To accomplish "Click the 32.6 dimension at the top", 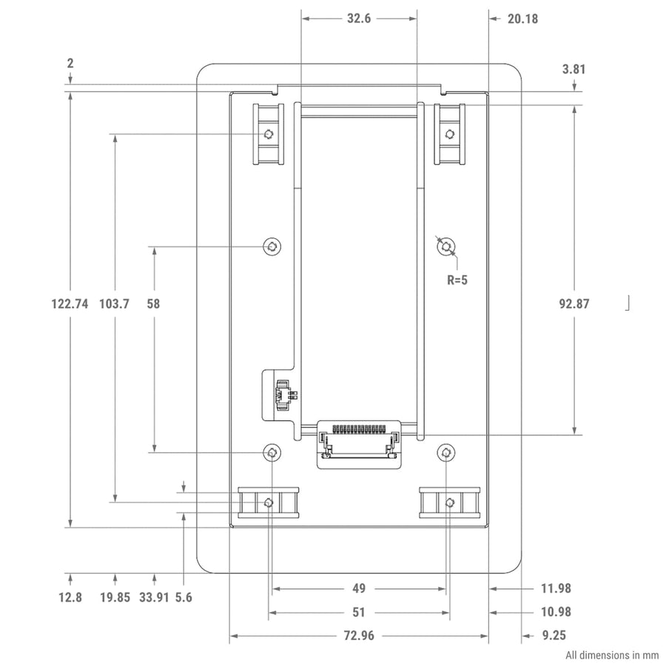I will click(358, 19).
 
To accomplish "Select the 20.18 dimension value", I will click(522, 19).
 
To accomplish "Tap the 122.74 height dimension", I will click(70, 303).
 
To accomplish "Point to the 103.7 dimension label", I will click(114, 303).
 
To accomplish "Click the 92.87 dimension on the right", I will click(573, 303).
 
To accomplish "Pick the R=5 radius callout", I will click(457, 280).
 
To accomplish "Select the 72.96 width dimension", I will click(358, 635).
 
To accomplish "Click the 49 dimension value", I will click(358, 589).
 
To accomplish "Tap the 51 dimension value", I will click(358, 612).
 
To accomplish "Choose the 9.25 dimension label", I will click(554, 635).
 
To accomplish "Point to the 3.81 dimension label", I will click(573, 70).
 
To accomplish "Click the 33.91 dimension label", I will click(154, 597).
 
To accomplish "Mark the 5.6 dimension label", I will click(183, 597).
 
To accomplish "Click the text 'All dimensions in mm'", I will click(611, 655).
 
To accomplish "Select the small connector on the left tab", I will click(282, 394).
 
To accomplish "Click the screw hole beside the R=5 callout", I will click(445, 246).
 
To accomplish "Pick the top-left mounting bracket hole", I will click(268, 134).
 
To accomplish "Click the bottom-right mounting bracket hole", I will click(450, 503).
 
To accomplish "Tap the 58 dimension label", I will click(153, 303).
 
